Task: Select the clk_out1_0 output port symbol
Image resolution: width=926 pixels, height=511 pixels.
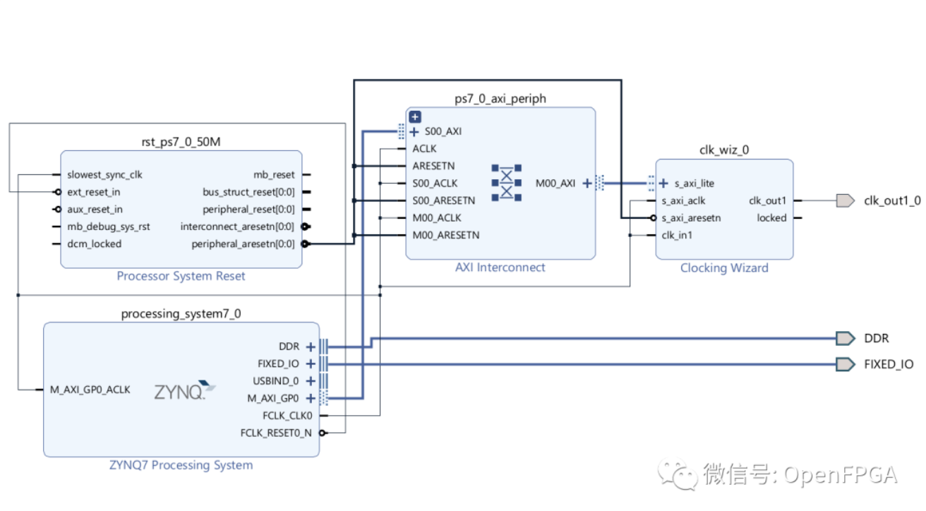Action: pos(845,201)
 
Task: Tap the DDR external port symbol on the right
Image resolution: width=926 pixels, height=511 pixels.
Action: pos(845,339)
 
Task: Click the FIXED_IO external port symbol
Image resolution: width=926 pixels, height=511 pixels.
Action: pos(845,364)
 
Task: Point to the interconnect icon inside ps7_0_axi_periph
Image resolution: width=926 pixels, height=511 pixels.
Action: pos(506,183)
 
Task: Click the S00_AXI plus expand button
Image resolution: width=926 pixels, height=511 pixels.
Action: pos(414,131)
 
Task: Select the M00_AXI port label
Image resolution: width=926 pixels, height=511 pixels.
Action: pos(555,184)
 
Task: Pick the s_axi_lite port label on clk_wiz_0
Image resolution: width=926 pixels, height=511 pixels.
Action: pos(694,184)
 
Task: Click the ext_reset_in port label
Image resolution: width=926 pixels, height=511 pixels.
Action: pos(94,192)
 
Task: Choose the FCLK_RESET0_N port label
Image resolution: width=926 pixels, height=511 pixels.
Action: pos(275,433)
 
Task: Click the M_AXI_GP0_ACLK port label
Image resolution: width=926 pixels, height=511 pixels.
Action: pos(90,389)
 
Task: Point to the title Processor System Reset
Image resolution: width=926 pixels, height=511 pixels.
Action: pos(181,276)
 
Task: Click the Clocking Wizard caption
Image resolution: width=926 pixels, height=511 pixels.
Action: pos(724,267)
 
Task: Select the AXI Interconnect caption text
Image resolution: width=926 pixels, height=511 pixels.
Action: pos(500,267)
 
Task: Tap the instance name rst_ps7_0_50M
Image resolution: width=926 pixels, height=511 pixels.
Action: pos(181,142)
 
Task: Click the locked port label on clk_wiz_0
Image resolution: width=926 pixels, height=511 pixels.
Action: pos(771,218)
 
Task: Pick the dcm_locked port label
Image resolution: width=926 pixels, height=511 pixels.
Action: pos(95,244)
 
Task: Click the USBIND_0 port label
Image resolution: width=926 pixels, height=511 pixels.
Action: pos(275,381)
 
